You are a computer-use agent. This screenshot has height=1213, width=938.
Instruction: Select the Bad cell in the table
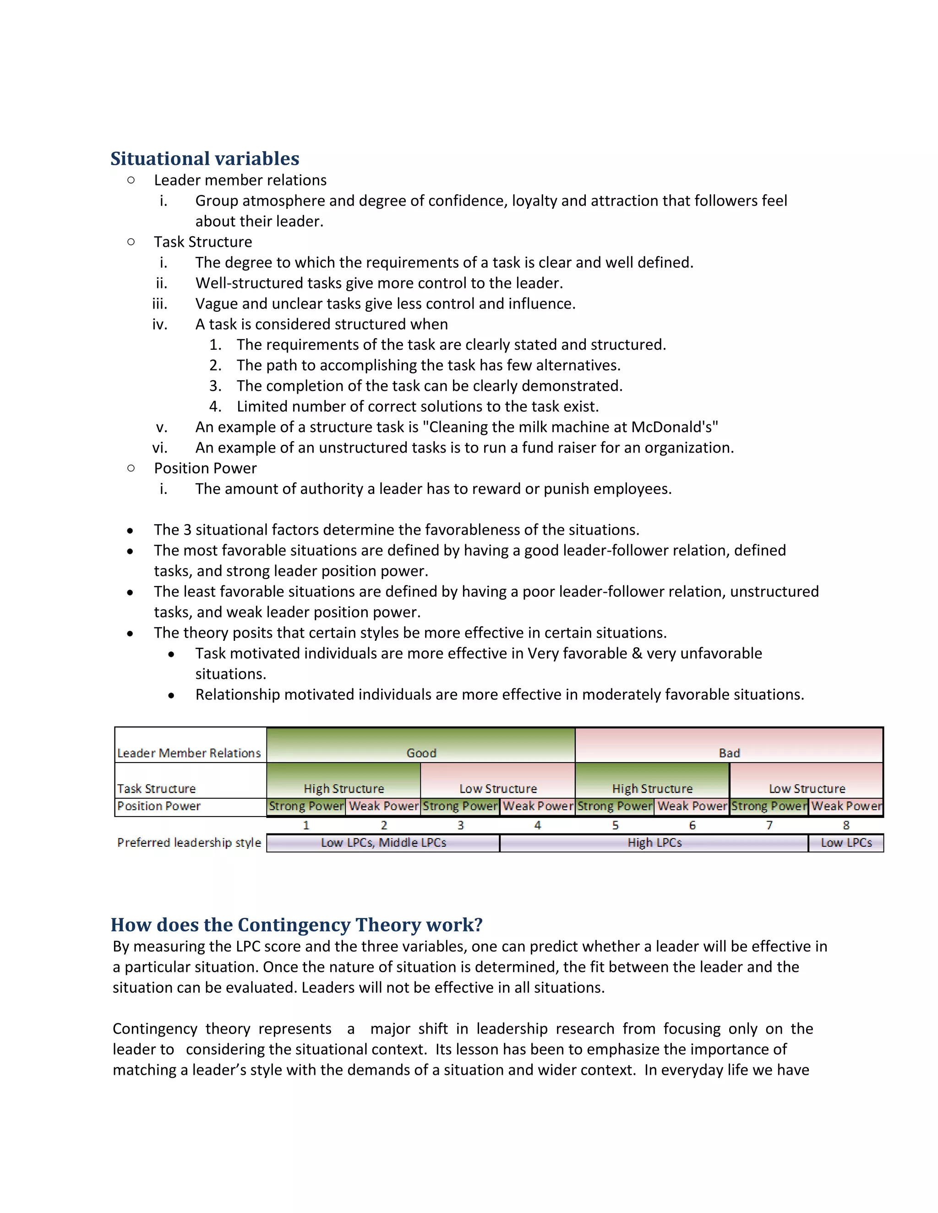[x=729, y=753]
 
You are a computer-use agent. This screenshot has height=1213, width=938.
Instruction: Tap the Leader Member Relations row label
[x=189, y=753]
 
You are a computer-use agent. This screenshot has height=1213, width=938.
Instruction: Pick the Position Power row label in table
[x=159, y=806]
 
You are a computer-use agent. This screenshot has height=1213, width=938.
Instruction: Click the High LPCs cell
[x=654, y=843]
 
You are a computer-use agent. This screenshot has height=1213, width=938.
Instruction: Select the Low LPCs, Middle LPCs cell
[x=383, y=843]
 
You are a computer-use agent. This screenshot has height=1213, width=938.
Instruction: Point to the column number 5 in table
[x=615, y=825]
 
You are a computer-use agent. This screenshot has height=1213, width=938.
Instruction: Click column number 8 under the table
[x=846, y=825]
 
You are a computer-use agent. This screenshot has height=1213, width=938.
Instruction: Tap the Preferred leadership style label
[x=189, y=843]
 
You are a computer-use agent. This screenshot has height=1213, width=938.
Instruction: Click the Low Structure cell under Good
[x=498, y=788]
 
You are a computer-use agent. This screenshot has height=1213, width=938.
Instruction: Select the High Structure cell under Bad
[x=652, y=788]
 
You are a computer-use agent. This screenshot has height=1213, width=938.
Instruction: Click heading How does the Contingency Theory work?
[x=296, y=925]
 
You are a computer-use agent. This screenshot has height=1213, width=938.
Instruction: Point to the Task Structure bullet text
[x=203, y=242]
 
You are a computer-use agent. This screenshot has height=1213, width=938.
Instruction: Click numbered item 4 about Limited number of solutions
[x=417, y=406]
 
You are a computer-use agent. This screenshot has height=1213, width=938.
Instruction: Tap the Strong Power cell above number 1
[x=306, y=806]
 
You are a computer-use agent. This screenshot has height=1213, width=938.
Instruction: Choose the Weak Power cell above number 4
[x=537, y=806]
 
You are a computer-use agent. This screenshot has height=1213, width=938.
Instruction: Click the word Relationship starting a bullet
[x=237, y=695]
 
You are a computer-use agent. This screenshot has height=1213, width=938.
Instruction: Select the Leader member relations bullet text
[x=240, y=180]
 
